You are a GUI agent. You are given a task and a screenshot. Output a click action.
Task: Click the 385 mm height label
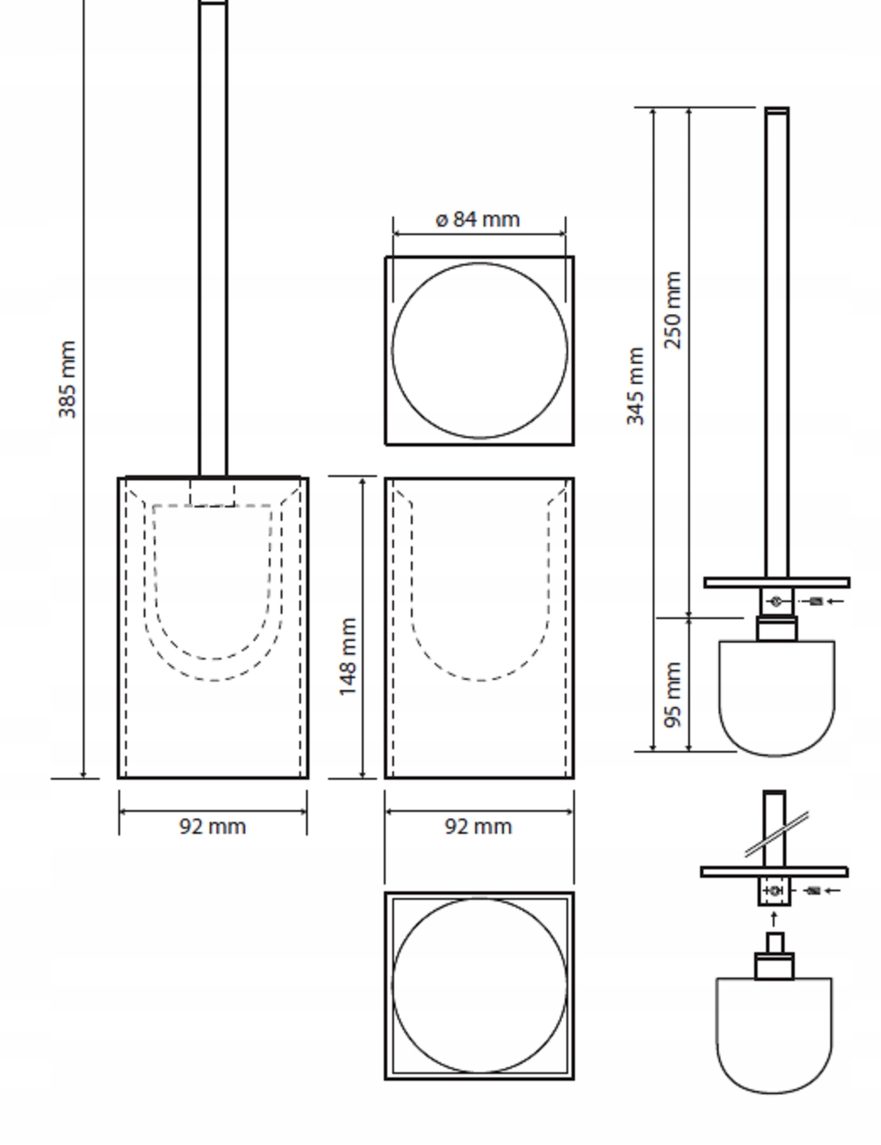point(68,380)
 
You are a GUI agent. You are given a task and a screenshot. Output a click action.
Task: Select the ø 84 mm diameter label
point(479,219)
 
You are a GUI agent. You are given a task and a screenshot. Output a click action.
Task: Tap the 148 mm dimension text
point(348,656)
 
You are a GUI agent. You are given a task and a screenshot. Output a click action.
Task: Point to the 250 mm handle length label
point(673,310)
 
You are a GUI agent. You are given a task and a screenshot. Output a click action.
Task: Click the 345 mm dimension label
point(636,386)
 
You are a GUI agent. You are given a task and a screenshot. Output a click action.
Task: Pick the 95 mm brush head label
point(673,695)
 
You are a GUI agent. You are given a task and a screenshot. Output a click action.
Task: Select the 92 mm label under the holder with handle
point(213,826)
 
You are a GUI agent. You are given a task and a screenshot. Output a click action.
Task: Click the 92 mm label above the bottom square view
point(479,826)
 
